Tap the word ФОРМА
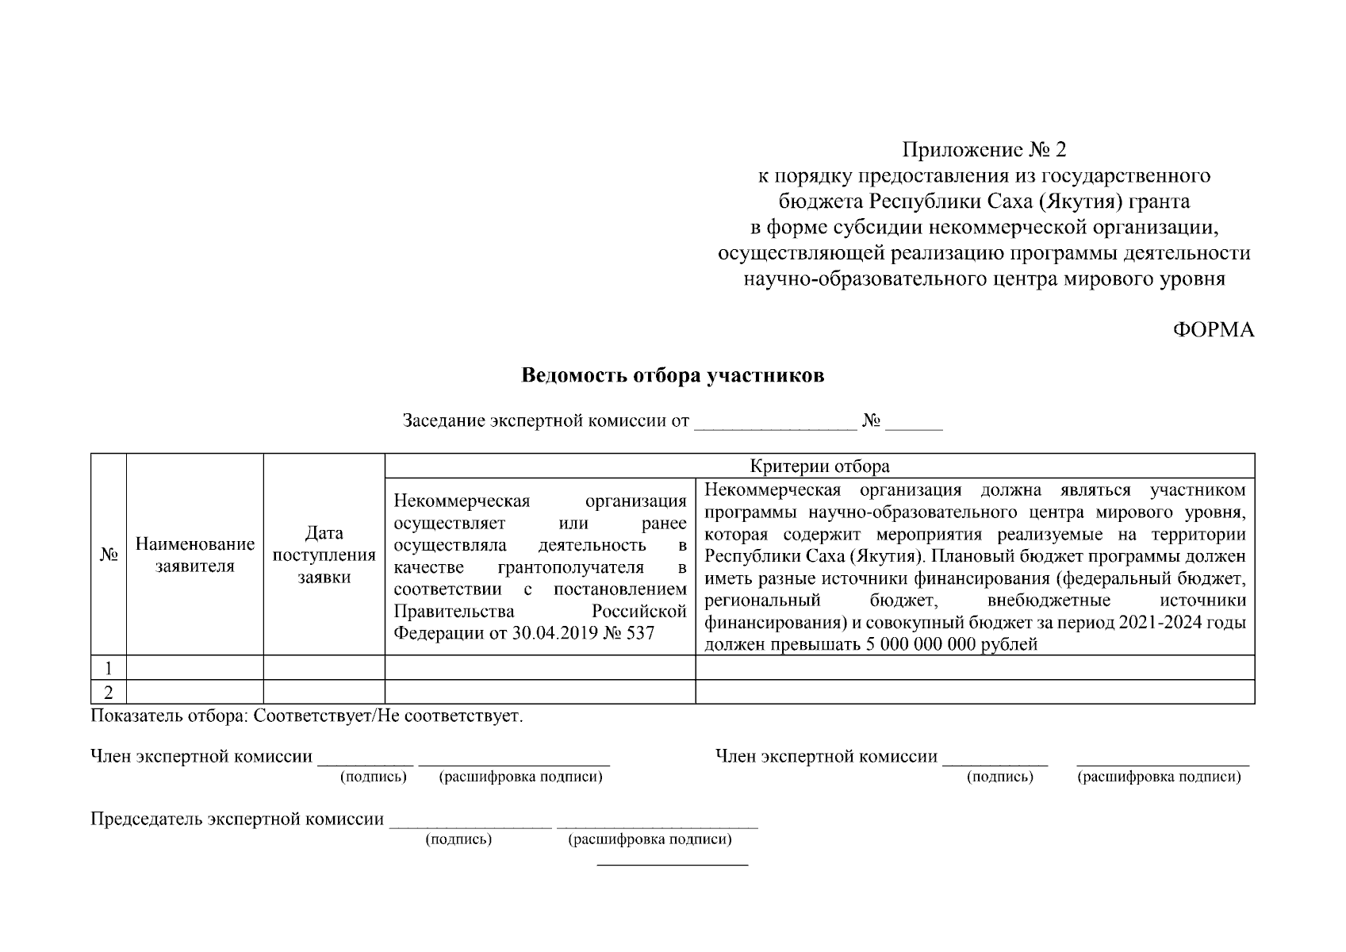click(1214, 331)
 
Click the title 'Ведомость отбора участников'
click(673, 375)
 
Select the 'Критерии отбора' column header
click(819, 466)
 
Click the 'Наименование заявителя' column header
click(195, 555)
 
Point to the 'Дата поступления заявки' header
click(324, 555)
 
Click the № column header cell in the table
click(109, 555)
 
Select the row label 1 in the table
click(109, 667)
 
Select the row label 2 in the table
click(109, 692)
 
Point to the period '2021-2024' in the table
click(1159, 623)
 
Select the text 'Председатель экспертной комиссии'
click(237, 819)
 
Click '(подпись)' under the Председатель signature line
click(458, 839)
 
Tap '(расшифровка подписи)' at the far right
click(1158, 777)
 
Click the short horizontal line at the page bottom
click(672, 864)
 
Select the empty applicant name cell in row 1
click(195, 667)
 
